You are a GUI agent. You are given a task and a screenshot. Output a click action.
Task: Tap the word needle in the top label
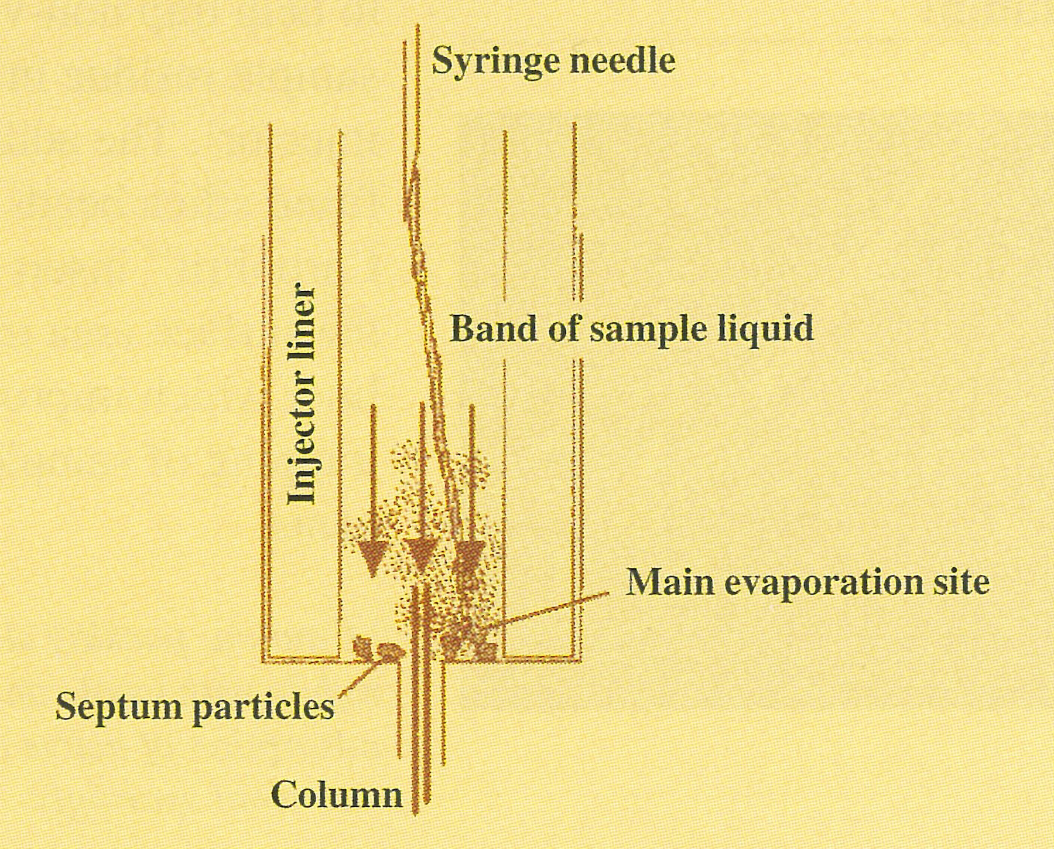(x=622, y=60)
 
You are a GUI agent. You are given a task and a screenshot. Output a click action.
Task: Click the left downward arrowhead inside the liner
(x=373, y=556)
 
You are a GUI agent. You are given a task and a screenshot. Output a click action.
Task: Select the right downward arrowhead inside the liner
(x=470, y=555)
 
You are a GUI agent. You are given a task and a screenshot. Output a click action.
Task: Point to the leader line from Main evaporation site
(x=550, y=609)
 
